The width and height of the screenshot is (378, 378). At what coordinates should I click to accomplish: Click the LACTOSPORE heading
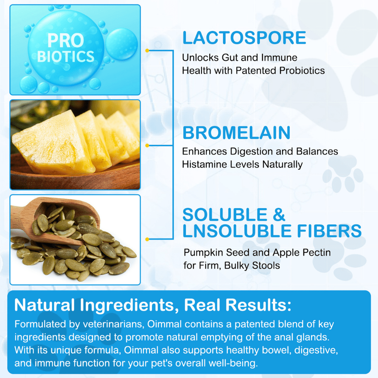[244, 38]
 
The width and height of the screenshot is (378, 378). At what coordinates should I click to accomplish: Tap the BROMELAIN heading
[237, 133]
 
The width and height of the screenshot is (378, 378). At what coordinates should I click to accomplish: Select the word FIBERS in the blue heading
[329, 231]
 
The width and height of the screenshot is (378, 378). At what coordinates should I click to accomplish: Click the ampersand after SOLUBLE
[279, 214]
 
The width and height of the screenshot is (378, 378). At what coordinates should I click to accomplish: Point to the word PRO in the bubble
[66, 40]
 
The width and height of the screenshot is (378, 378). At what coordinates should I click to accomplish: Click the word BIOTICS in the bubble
[66, 56]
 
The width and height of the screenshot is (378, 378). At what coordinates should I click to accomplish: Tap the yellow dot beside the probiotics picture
[147, 50]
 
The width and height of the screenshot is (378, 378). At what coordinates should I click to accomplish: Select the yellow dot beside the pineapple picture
[147, 145]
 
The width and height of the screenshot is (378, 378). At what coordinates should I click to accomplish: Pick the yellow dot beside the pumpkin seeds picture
[147, 239]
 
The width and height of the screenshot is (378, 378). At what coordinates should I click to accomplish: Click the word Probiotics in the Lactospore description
[302, 71]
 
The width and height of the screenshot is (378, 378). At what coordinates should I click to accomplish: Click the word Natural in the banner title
[45, 305]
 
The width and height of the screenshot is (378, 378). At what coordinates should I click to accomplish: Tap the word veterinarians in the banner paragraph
[114, 324]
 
